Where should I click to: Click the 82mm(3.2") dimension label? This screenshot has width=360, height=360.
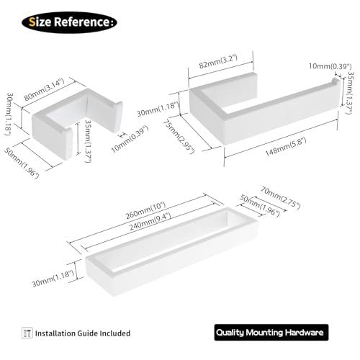[218, 62]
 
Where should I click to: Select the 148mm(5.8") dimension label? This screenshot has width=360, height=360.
[286, 147]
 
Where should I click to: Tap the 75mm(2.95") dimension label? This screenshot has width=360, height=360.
[179, 137]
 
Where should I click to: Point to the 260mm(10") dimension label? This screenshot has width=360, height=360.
[145, 210]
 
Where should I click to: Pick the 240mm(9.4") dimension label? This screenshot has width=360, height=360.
[150, 222]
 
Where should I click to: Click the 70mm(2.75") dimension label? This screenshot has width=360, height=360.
[281, 198]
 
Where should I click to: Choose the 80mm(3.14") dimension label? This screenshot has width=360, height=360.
[44, 89]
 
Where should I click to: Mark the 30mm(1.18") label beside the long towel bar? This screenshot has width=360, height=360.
[53, 279]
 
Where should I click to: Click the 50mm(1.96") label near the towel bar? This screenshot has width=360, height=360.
[260, 206]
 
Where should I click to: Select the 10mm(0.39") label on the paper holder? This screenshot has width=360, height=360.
[330, 66]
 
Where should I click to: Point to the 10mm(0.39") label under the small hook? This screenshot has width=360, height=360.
[130, 139]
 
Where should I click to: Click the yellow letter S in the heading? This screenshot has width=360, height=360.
[32, 22]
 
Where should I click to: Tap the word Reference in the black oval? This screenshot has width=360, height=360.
[81, 22]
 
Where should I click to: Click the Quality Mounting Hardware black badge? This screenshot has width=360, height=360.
[271, 333]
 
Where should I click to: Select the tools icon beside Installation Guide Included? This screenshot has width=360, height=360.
[27, 333]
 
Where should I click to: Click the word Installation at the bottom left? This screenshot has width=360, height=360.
[55, 333]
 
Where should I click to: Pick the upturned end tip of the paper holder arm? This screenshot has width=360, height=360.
[336, 81]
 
